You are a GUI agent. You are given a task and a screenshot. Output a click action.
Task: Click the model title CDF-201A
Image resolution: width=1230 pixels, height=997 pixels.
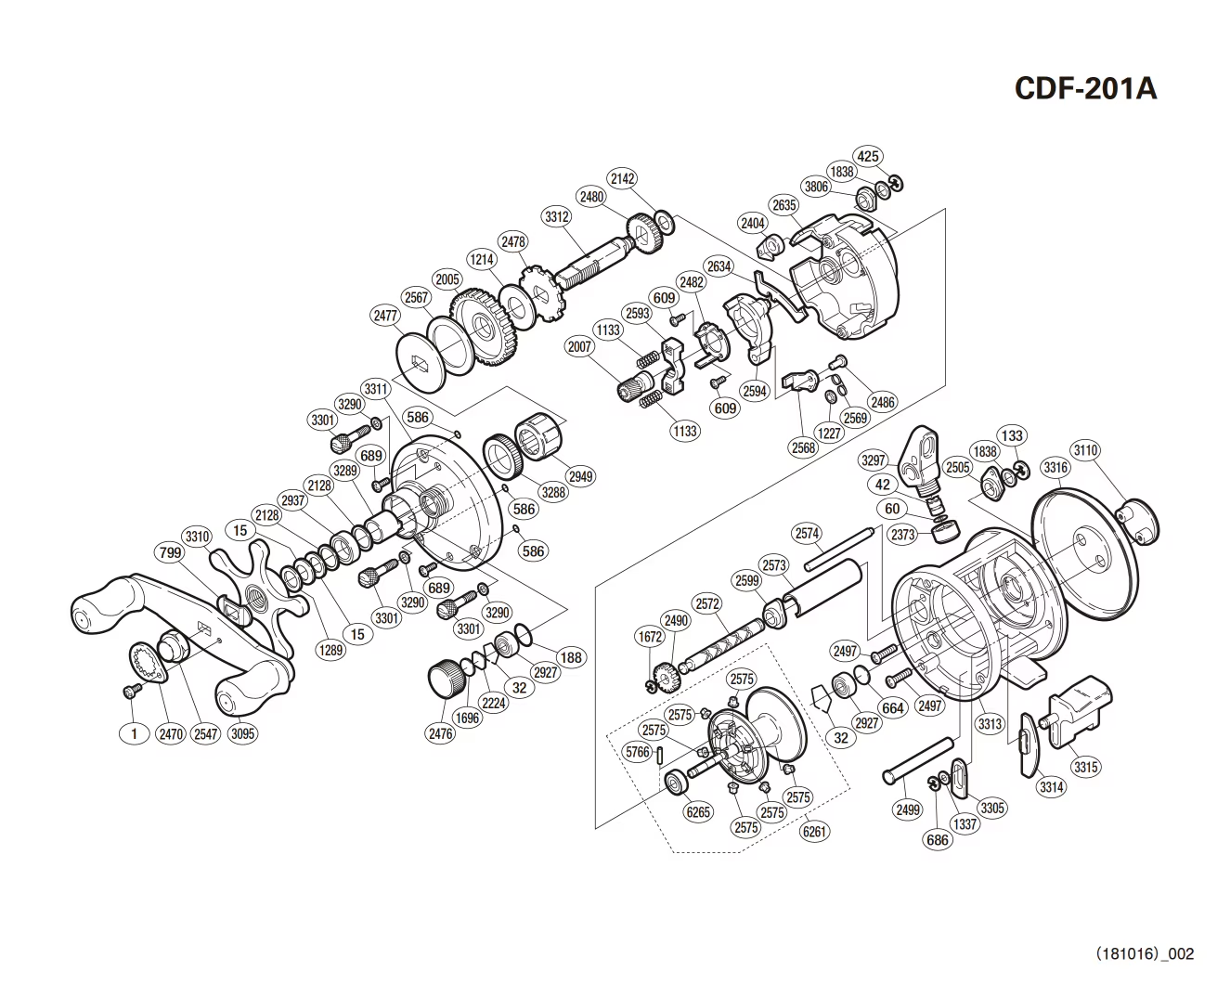[1085, 88]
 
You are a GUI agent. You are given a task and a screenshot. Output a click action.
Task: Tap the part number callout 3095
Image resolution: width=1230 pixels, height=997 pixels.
[242, 733]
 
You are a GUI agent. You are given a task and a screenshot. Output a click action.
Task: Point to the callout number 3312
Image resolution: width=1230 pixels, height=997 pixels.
[557, 217]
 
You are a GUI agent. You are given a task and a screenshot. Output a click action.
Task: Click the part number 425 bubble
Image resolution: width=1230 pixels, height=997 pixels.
[868, 156]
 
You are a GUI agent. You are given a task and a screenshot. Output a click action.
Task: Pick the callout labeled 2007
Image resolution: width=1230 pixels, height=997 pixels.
[579, 346]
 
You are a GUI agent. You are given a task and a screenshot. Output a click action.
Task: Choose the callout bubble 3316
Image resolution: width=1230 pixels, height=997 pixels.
[1055, 468]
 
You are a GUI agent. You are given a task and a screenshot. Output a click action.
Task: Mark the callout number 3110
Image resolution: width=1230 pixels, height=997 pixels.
[1085, 450]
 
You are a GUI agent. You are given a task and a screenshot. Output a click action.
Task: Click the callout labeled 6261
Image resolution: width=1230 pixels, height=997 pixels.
[814, 832]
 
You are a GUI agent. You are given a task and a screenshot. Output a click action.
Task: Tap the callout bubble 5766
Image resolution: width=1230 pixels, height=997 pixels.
[638, 752]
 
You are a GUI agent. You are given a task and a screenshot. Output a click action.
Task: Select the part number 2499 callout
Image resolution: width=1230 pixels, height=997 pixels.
[908, 809]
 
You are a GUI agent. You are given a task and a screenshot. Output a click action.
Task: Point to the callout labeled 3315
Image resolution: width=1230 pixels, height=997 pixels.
[1085, 767]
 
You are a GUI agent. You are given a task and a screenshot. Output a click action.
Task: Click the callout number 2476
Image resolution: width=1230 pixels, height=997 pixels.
[441, 733]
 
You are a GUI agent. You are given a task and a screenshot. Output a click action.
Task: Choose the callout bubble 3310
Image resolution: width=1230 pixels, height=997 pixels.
[198, 537]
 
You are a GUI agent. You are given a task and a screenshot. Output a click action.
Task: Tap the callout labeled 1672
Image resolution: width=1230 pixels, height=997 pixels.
[650, 637]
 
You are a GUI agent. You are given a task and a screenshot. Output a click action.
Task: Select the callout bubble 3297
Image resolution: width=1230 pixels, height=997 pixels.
[874, 460]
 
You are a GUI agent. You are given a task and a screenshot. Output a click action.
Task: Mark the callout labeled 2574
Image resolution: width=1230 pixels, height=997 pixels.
[807, 533]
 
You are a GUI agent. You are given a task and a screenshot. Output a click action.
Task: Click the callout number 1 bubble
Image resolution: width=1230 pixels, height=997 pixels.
[134, 733]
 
